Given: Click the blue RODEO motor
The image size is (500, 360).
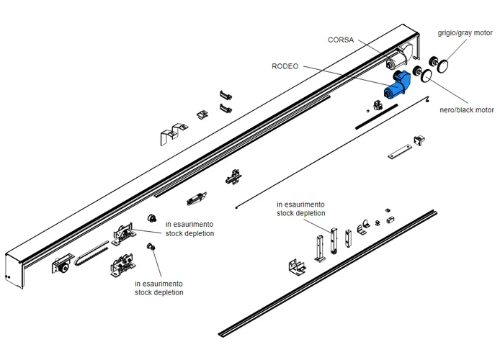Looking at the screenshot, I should click(396, 85).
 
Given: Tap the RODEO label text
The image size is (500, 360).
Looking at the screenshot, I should click(285, 66).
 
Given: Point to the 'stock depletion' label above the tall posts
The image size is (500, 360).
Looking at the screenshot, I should click(301, 209).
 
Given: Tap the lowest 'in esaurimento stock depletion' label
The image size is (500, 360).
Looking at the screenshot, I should click(159, 288).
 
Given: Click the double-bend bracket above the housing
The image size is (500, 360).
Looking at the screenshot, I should click(171, 133).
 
